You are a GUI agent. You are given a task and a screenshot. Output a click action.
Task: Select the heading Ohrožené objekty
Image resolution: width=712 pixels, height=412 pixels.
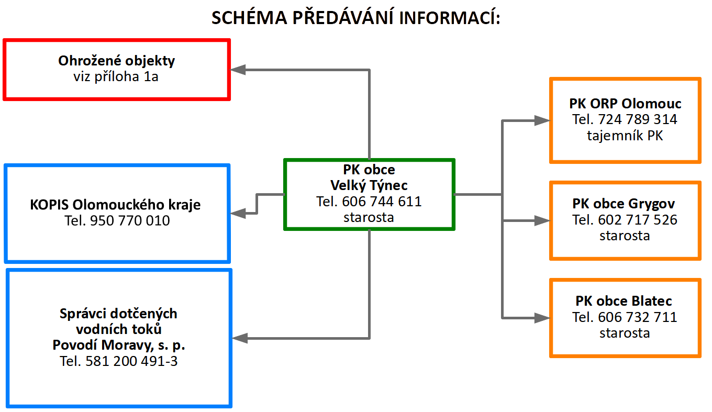click(x=116, y=61)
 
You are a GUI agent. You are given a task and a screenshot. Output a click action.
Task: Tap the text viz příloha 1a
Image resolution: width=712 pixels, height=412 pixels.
click(x=116, y=77)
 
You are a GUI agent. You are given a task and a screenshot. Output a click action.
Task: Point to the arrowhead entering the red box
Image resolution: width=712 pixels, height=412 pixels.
click(x=239, y=69)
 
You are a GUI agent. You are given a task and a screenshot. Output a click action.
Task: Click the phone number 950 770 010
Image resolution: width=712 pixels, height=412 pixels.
click(x=130, y=221)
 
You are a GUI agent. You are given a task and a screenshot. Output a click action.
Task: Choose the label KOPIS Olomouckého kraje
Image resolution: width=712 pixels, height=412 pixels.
click(x=116, y=205)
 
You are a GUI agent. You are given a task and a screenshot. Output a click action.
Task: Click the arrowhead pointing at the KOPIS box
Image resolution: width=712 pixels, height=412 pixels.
click(x=239, y=213)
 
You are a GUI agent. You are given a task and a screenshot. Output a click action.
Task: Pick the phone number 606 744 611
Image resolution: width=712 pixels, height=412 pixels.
click(x=382, y=202)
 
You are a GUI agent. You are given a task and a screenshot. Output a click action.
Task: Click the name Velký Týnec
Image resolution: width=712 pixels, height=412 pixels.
click(x=369, y=185)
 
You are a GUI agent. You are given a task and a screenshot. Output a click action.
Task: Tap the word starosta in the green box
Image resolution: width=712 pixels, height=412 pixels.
click(x=369, y=217)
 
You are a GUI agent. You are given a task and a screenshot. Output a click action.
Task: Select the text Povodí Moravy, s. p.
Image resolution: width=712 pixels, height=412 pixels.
click(x=119, y=346)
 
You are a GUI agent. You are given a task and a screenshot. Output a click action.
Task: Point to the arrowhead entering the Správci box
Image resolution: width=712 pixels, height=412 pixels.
click(x=240, y=338)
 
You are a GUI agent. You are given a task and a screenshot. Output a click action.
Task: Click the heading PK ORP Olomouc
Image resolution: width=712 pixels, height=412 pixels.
click(x=625, y=104)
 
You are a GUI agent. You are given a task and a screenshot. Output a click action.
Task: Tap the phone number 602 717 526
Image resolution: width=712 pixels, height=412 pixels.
click(x=638, y=220)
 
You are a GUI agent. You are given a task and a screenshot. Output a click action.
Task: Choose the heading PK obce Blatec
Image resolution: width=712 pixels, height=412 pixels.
click(x=624, y=302)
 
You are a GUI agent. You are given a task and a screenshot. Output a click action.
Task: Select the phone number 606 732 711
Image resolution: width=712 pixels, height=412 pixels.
click(x=638, y=317)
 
